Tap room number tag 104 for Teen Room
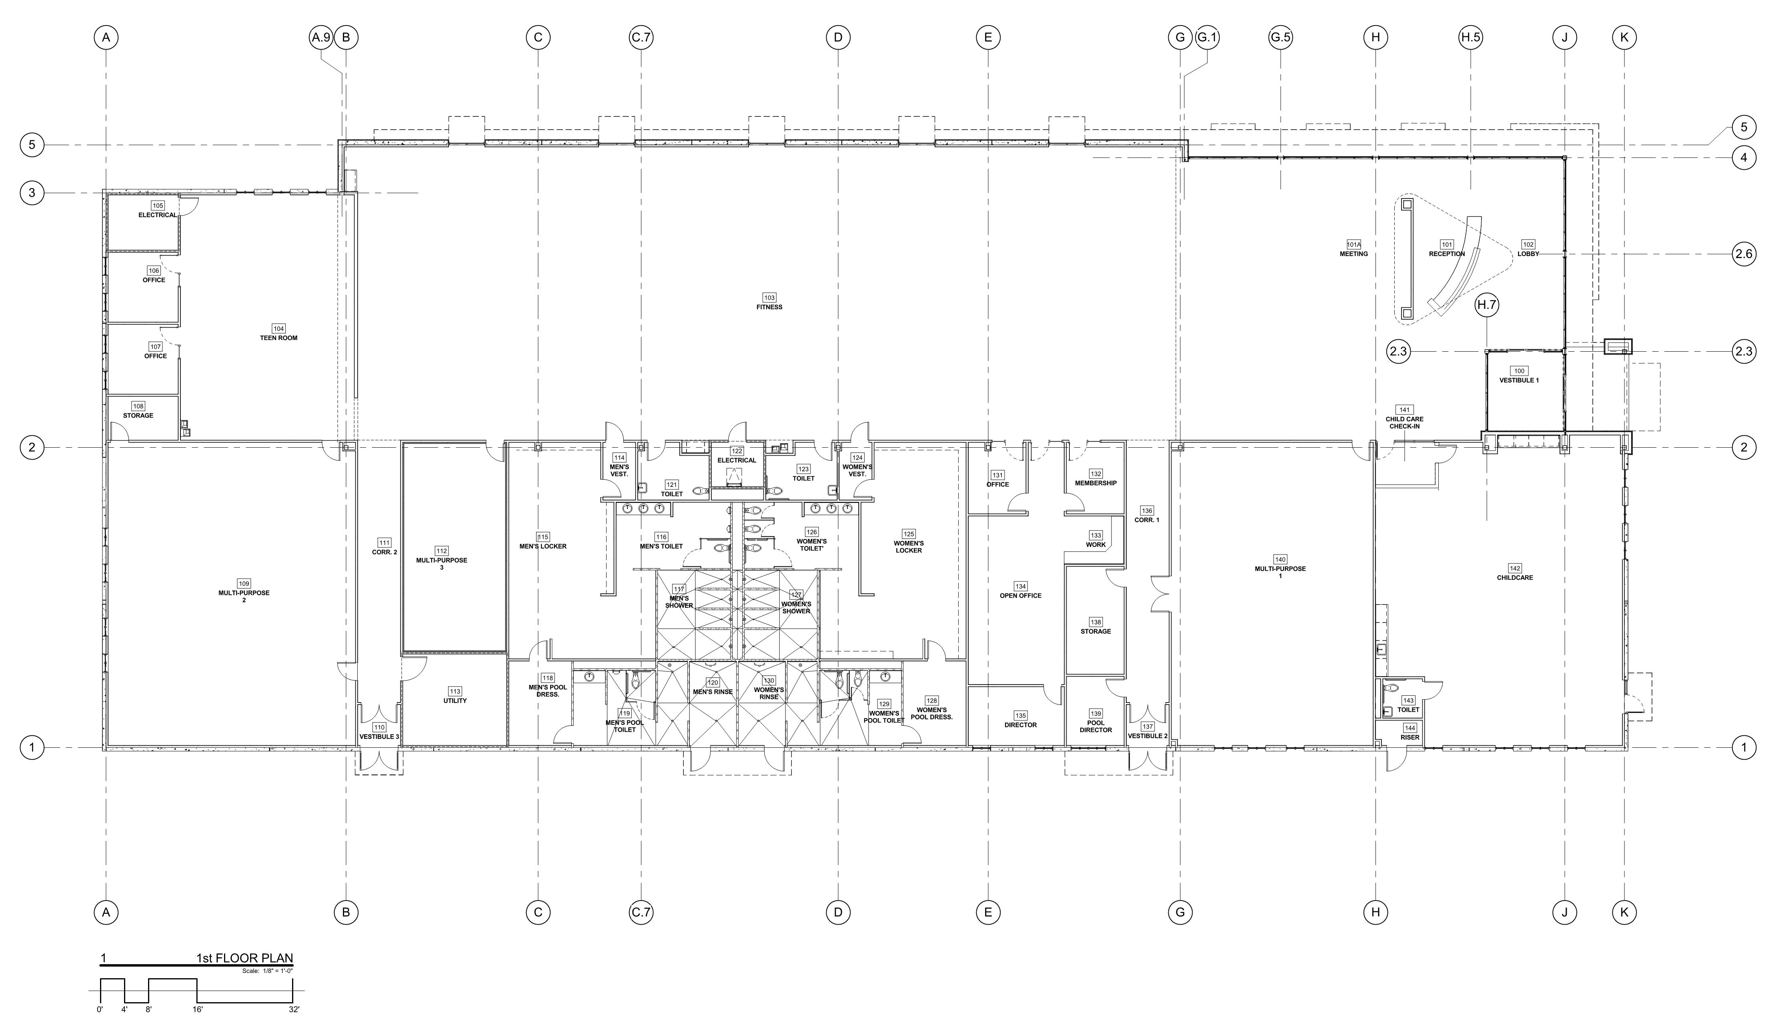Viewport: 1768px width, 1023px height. pos(278,328)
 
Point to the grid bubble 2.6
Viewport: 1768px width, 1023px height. pos(1744,254)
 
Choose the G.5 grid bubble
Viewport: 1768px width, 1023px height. pos(1280,38)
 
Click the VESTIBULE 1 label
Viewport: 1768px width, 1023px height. pos(1519,380)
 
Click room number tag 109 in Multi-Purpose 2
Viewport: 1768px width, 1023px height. pos(243,584)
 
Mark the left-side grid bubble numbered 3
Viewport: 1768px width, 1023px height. pos(32,193)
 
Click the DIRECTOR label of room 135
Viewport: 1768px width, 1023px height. pos(1020,725)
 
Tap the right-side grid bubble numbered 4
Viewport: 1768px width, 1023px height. pos(1744,158)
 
